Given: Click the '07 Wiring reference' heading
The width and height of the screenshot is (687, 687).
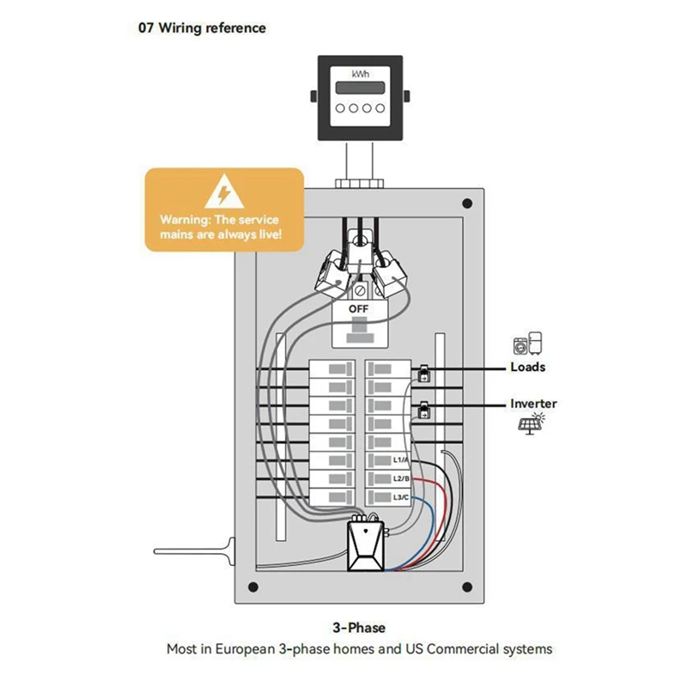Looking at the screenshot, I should [x=202, y=27].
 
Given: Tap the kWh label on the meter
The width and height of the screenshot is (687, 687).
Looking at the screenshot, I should [x=360, y=75].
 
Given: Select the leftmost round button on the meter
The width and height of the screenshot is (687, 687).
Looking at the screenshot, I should [x=340, y=109].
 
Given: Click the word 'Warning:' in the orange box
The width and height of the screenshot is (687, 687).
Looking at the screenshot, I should [x=184, y=220].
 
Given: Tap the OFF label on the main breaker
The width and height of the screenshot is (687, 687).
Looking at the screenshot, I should [x=359, y=307].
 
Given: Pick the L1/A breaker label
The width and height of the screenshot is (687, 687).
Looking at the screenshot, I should [x=401, y=461].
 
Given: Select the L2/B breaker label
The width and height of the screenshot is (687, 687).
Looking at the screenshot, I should [x=401, y=479].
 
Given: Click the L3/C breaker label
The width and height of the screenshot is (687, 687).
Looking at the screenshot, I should [x=401, y=497].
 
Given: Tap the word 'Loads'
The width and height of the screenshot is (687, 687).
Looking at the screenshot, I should [x=527, y=367].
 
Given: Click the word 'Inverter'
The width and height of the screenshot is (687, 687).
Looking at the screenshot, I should [x=533, y=403].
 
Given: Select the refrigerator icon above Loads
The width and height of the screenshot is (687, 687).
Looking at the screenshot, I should [x=537, y=343].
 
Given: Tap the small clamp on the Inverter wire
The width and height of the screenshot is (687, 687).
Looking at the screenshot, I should [x=424, y=413].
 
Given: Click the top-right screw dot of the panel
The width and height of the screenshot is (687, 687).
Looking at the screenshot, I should [x=466, y=204].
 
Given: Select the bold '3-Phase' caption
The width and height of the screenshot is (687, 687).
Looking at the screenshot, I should [x=359, y=628].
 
